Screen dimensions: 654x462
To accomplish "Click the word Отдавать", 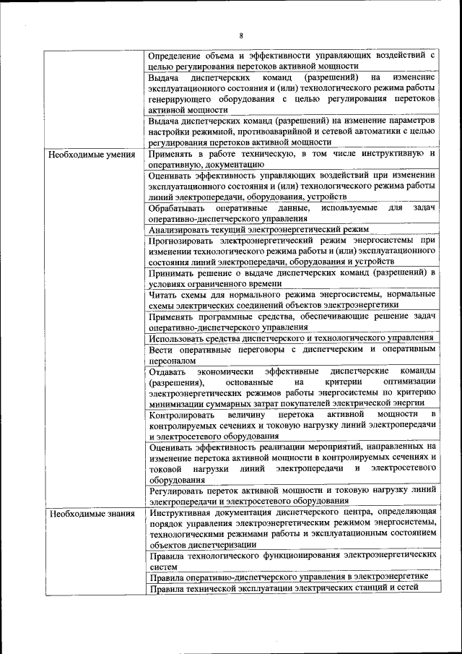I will coord(168,371).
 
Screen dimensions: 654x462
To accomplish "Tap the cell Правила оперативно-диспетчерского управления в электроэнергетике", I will coord(288,576).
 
